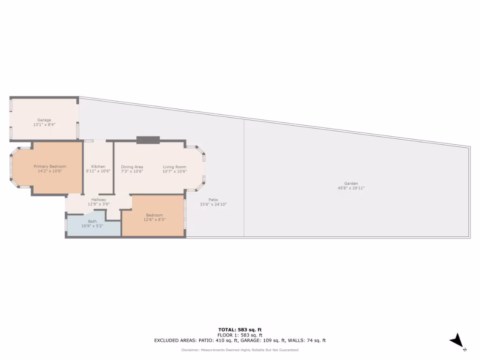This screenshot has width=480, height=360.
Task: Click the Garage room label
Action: click(x=45, y=120)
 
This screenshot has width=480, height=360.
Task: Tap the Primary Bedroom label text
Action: click(x=50, y=166)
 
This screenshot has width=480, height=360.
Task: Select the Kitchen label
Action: click(x=98, y=167)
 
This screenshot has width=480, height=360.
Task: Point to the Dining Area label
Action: click(x=132, y=167)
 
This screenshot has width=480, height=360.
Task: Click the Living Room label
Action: click(x=174, y=167)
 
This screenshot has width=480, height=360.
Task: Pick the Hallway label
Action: click(x=98, y=200)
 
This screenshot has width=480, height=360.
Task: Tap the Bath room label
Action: click(x=92, y=221)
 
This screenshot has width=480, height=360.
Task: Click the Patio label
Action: click(x=213, y=200)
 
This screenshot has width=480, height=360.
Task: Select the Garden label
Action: click(x=351, y=183)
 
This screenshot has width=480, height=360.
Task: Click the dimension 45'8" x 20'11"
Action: click(x=351, y=188)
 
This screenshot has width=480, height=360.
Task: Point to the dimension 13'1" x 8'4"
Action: click(x=45, y=125)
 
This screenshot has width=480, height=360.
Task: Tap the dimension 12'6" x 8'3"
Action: click(x=154, y=219)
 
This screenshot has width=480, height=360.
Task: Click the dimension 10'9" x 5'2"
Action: click(x=92, y=226)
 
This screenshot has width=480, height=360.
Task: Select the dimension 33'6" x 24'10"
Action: click(x=213, y=204)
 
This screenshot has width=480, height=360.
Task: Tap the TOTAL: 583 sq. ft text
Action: click(x=240, y=330)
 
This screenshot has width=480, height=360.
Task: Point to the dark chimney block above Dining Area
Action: click(x=148, y=140)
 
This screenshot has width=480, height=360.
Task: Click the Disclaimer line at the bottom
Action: click(x=240, y=350)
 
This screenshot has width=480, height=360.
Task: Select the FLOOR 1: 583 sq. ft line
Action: click(x=240, y=335)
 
